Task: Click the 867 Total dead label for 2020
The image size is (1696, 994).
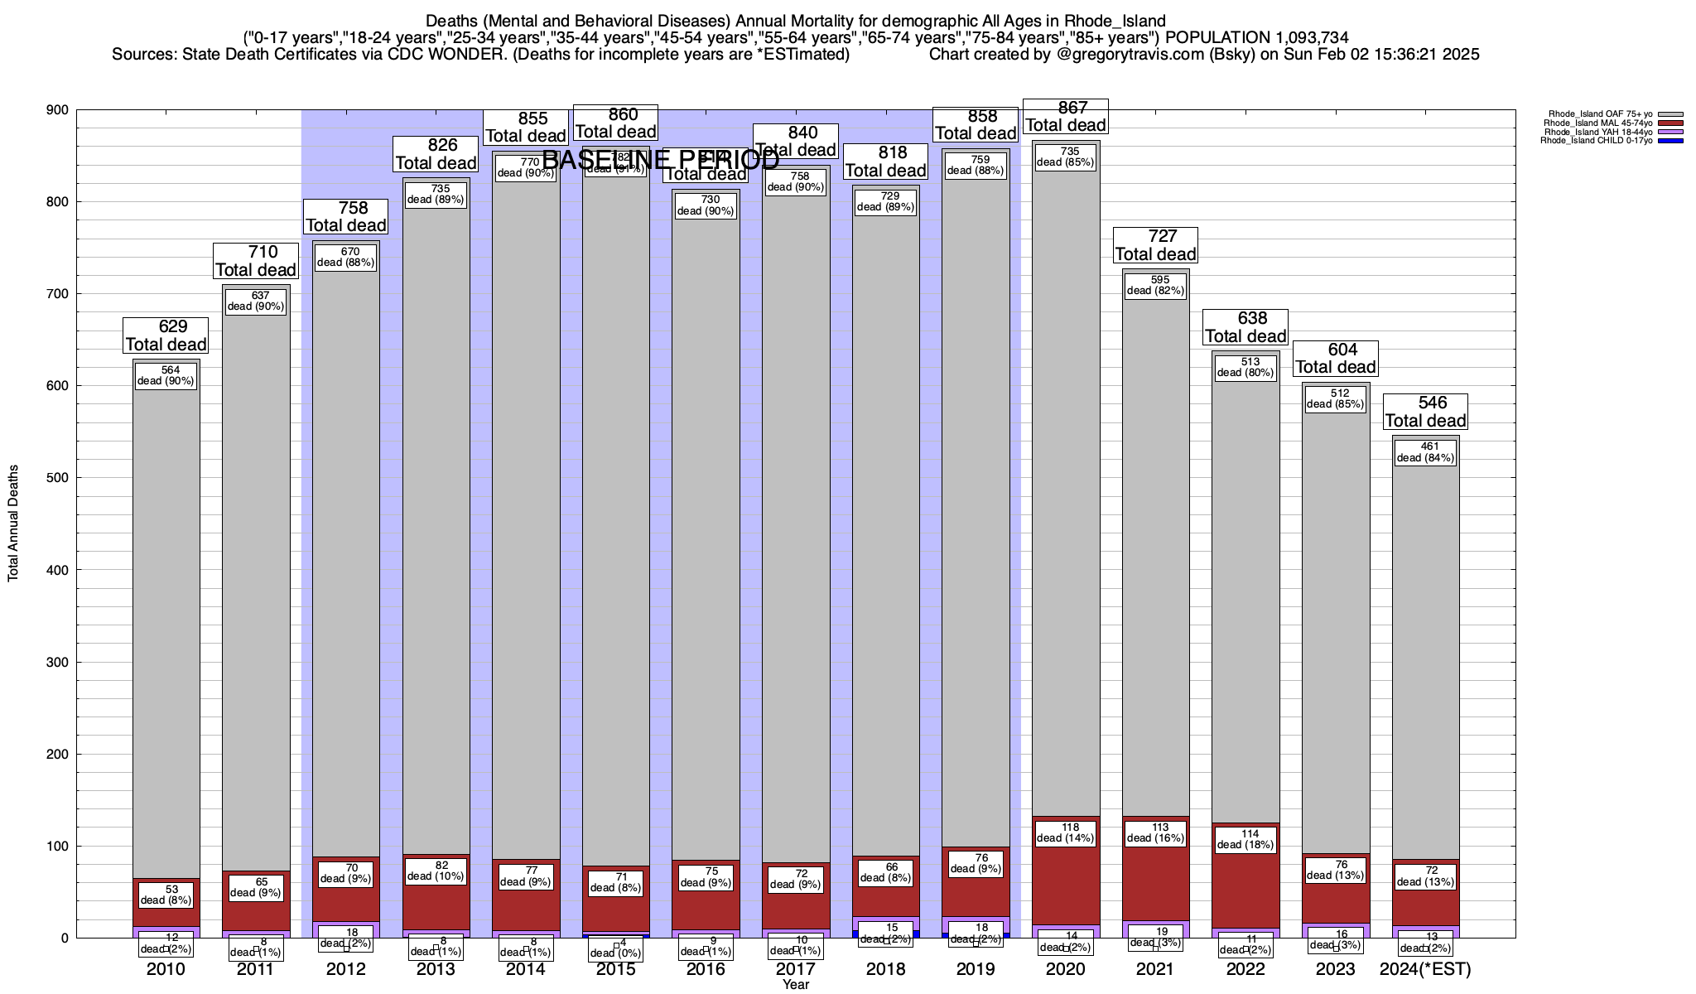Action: coord(1065,117)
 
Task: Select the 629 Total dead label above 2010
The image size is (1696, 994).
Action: coord(166,335)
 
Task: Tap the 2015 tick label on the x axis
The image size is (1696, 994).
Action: coord(616,969)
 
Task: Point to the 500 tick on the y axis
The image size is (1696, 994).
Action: coord(58,478)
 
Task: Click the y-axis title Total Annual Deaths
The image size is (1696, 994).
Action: coord(13,523)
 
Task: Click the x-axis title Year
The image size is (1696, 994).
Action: coord(796,985)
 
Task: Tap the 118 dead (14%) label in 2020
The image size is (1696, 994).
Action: coord(1066,832)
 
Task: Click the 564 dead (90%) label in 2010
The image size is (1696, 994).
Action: coord(166,375)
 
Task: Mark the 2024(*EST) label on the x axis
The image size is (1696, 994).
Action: coord(1425,969)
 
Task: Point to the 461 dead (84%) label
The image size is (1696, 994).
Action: coord(1425,452)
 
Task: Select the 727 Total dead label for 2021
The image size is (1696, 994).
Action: coord(1155,245)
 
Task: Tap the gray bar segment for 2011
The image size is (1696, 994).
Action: coord(256,580)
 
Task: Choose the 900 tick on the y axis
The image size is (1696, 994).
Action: coord(58,110)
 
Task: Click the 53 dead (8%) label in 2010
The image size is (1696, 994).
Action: coord(166,895)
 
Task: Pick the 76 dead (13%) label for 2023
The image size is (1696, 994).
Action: coord(1336,870)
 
